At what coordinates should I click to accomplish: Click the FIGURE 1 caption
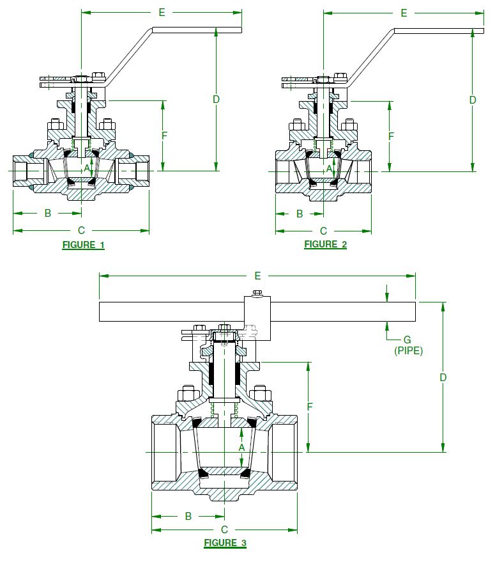tap(83, 244)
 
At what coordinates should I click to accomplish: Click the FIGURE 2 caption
tap(325, 244)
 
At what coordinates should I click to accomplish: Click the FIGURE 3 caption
tap(225, 543)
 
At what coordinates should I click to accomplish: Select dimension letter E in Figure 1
tap(162, 12)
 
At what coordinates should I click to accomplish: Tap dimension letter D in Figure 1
tap(216, 99)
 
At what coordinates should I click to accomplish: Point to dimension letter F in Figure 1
tap(165, 136)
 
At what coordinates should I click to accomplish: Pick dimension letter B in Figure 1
tap(48, 213)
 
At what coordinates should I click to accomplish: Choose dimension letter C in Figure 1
tap(81, 230)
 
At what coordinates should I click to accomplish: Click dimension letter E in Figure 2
tap(404, 12)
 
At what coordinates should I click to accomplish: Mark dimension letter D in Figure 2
tap(473, 100)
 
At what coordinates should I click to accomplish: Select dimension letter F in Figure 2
tap(391, 136)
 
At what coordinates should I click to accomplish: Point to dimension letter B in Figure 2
tap(300, 214)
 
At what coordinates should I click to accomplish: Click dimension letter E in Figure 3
tap(257, 276)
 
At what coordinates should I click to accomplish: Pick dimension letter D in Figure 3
tap(443, 377)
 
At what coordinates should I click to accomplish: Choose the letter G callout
tap(407, 340)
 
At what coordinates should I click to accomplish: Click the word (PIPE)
tap(409, 350)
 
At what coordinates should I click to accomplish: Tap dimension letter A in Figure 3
tap(242, 448)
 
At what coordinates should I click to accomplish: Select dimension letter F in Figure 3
tap(309, 406)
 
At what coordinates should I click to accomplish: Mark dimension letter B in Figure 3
tap(188, 516)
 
